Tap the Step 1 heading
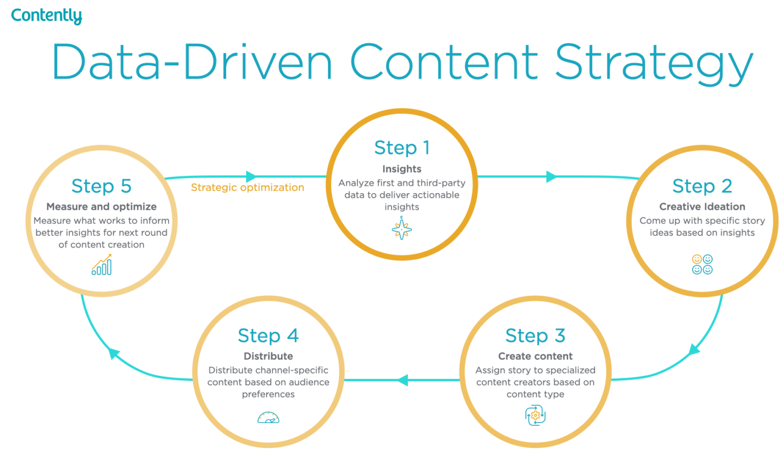(x=401, y=148)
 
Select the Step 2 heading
(x=701, y=186)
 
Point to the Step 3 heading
(x=535, y=336)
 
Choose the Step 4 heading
(x=268, y=336)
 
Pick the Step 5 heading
(x=102, y=186)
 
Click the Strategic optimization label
(x=247, y=188)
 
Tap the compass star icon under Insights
(x=401, y=229)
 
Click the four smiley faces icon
(x=702, y=264)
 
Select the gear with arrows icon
(x=535, y=415)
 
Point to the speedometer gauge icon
(x=268, y=417)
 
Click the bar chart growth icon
(x=102, y=265)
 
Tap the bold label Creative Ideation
(x=702, y=207)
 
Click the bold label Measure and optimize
(x=102, y=207)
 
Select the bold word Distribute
(x=268, y=356)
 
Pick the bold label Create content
(x=535, y=356)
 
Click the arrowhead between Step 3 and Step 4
(x=402, y=380)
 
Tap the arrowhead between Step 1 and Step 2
(x=551, y=177)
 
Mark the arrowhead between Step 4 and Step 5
(x=114, y=353)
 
